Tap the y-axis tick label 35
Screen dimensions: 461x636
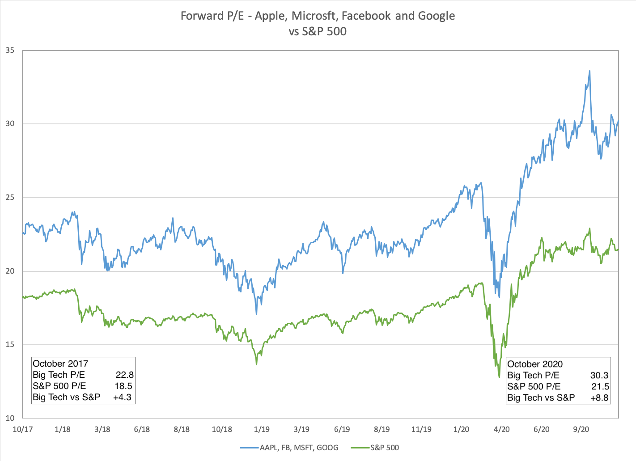(10, 51)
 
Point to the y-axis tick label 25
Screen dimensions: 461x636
(10, 198)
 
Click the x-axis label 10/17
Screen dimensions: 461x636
(23, 429)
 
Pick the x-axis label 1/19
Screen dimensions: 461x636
(262, 429)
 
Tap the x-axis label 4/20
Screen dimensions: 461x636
(501, 429)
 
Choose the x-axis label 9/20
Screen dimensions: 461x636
(581, 429)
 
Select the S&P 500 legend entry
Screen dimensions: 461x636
(384, 448)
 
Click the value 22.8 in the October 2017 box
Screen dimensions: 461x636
(124, 375)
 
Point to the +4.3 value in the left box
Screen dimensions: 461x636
(123, 397)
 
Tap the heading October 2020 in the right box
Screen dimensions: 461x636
(535, 364)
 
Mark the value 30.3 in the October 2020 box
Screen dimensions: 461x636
(599, 376)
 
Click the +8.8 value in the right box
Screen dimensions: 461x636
(599, 398)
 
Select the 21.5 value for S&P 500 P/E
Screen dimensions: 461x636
(600, 387)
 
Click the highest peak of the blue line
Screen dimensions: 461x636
(589, 71)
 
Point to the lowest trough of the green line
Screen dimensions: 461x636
(499, 377)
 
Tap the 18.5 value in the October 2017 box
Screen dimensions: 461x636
(123, 386)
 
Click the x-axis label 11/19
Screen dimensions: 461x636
(421, 429)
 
